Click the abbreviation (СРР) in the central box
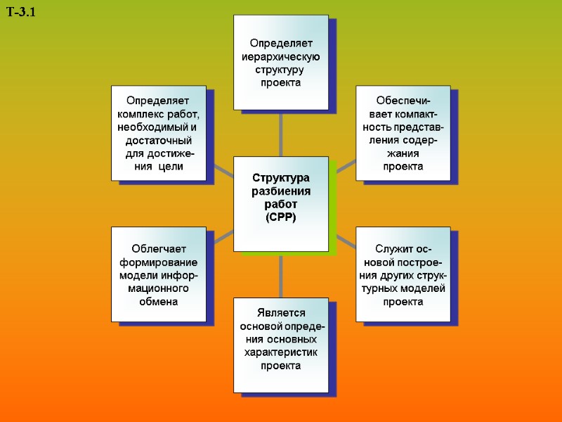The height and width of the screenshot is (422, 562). (x=281, y=217)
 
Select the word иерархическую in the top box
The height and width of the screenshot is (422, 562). (x=281, y=57)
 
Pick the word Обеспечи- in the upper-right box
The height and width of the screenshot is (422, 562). (x=403, y=100)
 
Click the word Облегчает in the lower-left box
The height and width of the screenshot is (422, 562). (x=158, y=248)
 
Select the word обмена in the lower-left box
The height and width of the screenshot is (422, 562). (x=158, y=301)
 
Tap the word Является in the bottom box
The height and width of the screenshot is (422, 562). (x=281, y=313)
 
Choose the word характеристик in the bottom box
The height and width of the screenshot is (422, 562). (x=281, y=352)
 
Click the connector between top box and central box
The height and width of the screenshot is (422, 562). (x=281, y=134)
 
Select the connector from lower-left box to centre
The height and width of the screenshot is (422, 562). (x=223, y=238)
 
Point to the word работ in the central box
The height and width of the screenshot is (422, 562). (x=281, y=205)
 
